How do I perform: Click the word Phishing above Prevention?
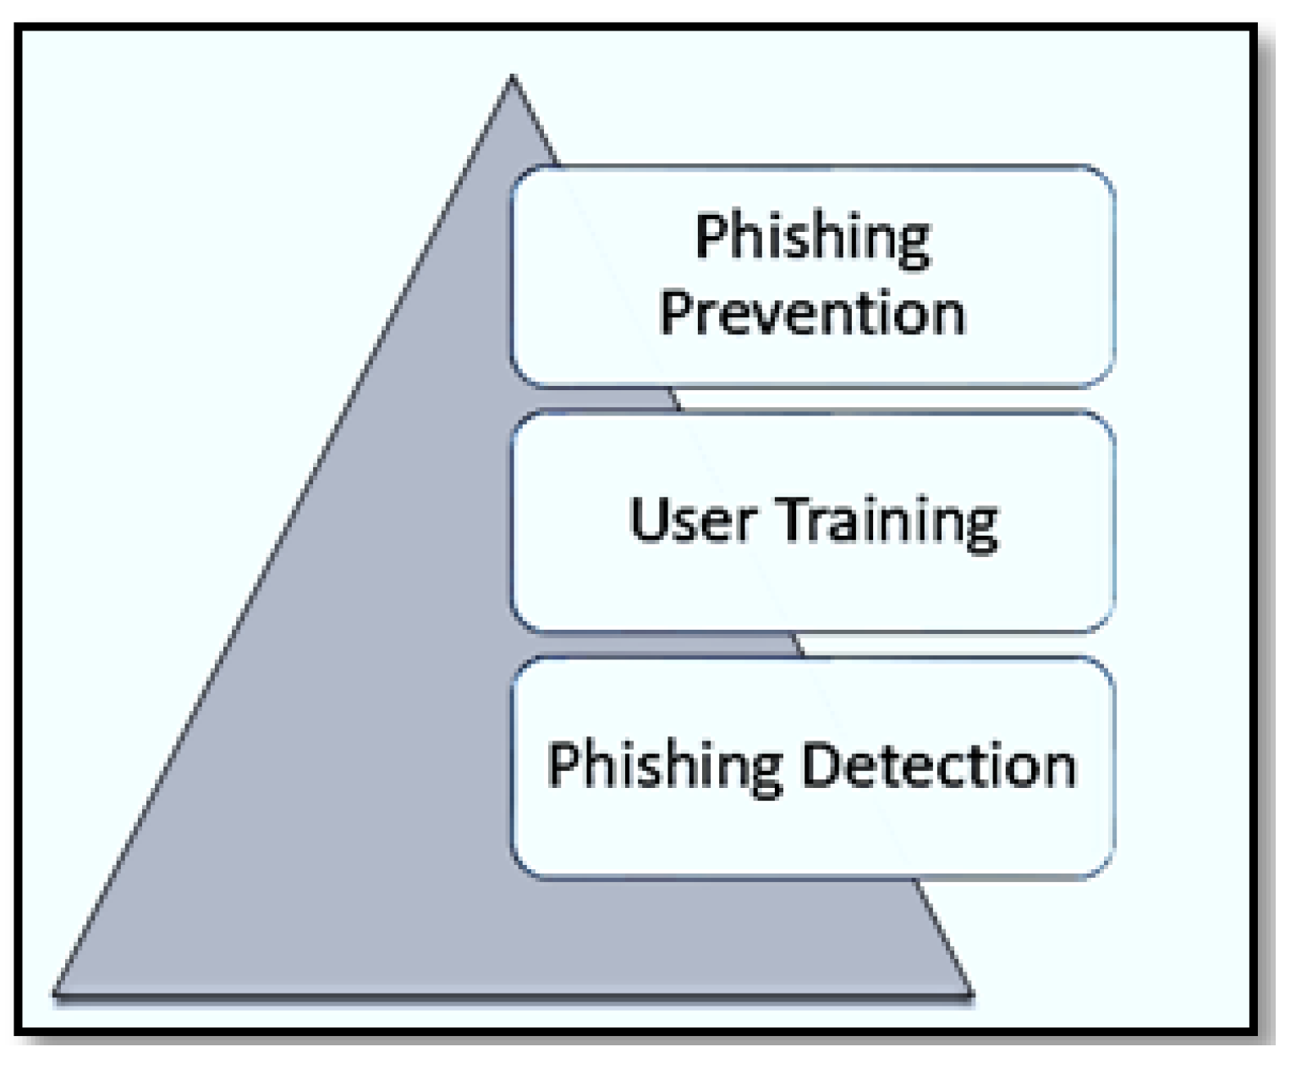812,238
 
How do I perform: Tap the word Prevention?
812,313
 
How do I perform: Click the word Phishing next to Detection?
665,767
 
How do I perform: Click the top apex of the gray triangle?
512,78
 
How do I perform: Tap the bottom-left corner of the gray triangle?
56,994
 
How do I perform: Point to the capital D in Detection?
820,765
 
